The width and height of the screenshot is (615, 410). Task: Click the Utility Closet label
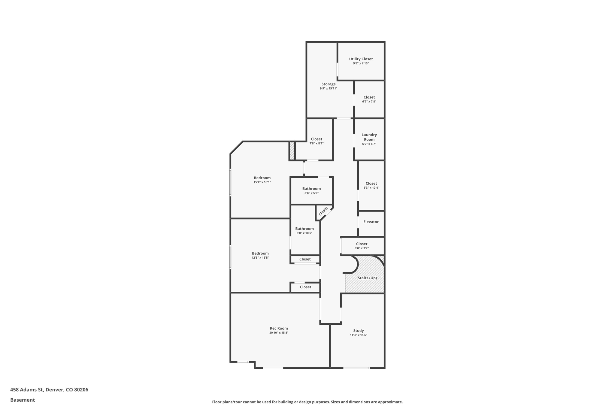(x=361, y=59)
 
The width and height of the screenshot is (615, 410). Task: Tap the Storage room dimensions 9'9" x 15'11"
(x=329, y=89)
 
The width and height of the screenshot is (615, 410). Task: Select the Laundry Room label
(x=369, y=137)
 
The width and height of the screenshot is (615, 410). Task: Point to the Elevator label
(x=371, y=222)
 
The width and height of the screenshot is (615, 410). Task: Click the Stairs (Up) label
(x=367, y=278)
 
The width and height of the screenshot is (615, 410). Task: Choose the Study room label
(x=358, y=331)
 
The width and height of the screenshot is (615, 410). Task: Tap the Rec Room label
(x=279, y=329)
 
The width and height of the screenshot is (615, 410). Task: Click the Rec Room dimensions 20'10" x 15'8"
(x=279, y=333)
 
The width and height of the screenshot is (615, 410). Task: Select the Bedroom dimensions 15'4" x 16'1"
(x=262, y=182)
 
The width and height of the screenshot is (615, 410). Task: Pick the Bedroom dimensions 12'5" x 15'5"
(x=260, y=258)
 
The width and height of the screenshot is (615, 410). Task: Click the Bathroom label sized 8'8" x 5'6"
(x=311, y=189)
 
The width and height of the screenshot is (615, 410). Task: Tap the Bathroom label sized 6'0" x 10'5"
(x=304, y=229)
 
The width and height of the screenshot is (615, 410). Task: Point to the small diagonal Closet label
(x=323, y=211)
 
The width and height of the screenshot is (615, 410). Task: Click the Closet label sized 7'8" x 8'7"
(x=317, y=139)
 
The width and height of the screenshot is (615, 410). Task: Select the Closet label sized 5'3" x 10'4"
(x=371, y=184)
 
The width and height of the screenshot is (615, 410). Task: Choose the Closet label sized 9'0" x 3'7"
(x=362, y=244)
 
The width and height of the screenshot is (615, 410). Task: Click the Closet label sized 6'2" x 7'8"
(x=369, y=97)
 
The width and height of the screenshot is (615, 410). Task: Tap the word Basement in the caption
(x=23, y=400)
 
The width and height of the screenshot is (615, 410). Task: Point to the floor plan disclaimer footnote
(x=307, y=402)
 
